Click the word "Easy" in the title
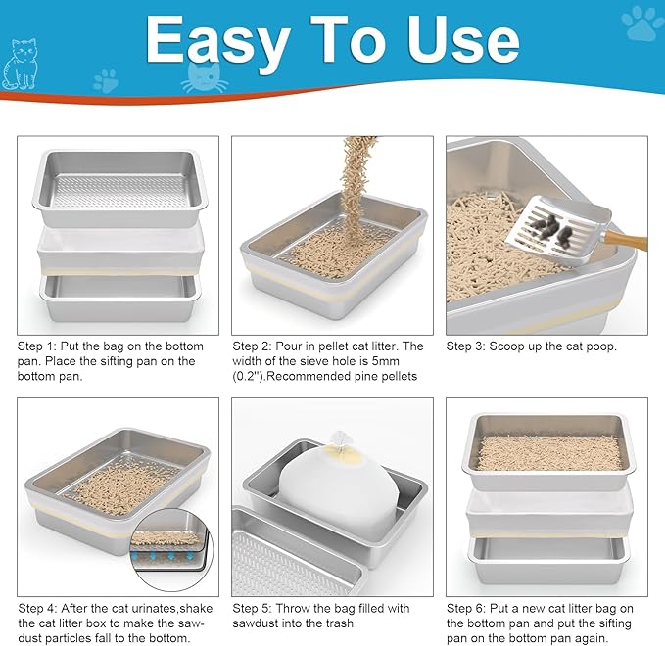[x=217, y=41]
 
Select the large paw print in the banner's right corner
[x=641, y=24]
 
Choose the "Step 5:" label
[x=256, y=607]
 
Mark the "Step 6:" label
[x=469, y=607]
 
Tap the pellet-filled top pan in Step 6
[x=548, y=450]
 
